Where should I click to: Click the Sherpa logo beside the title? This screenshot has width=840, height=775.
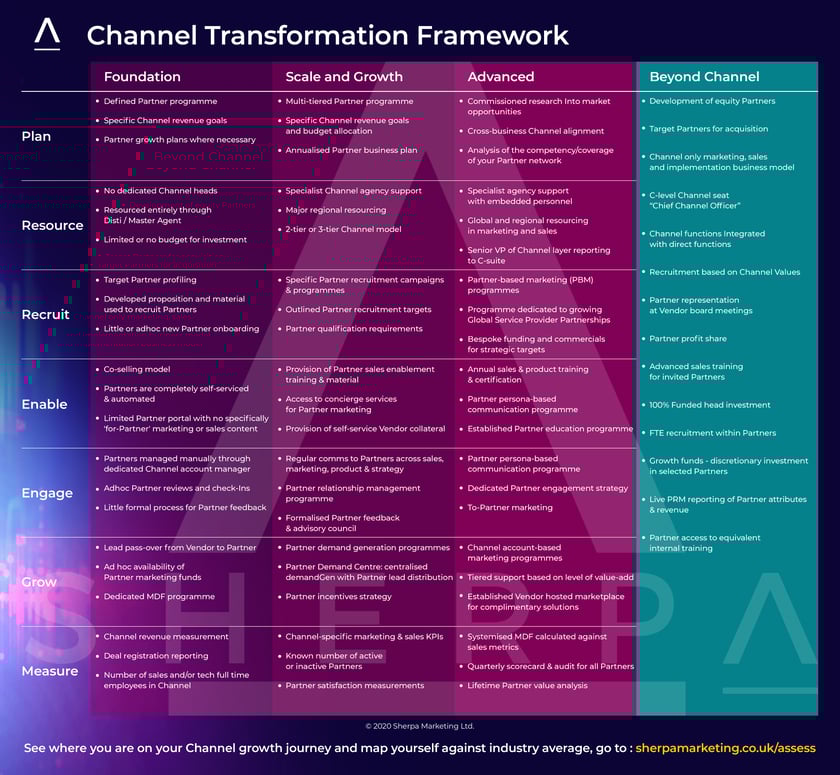(47, 34)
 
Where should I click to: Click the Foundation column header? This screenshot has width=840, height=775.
(142, 77)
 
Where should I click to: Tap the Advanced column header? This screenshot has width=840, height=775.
(501, 77)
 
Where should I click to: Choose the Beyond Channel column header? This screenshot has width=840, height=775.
(704, 77)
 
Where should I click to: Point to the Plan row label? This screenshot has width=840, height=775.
(36, 136)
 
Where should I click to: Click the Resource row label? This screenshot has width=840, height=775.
(52, 225)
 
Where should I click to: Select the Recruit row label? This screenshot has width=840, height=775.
(45, 314)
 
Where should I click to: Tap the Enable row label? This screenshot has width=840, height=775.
(44, 404)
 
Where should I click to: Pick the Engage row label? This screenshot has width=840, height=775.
(47, 493)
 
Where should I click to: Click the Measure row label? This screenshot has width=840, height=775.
(49, 671)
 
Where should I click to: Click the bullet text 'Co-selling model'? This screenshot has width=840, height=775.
(137, 369)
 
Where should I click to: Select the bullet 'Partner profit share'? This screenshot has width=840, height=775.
(688, 339)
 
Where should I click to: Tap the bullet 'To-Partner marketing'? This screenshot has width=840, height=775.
(510, 507)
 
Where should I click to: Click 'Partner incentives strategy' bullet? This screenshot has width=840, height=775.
(339, 597)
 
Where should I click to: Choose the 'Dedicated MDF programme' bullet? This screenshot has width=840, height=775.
(159, 597)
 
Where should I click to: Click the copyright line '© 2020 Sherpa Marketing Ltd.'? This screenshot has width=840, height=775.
(419, 726)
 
